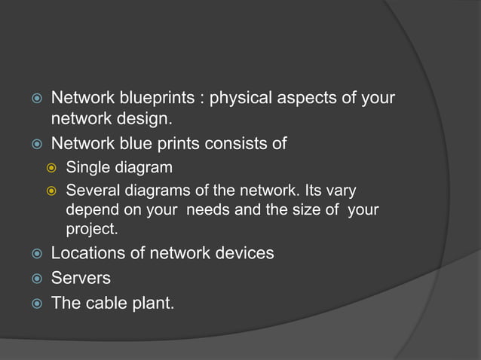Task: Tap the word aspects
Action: click(305, 99)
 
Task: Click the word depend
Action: click(90, 208)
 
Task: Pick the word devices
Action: click(247, 253)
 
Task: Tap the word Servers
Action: click(81, 278)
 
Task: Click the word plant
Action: click(154, 303)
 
